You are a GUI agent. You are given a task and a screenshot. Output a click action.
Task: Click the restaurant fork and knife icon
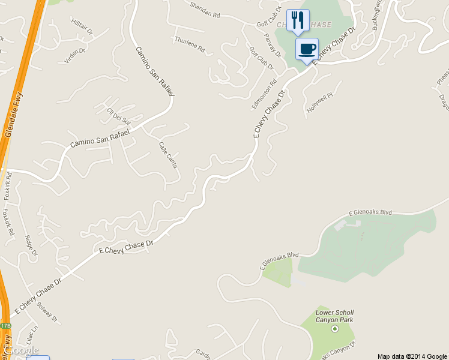click(x=298, y=20)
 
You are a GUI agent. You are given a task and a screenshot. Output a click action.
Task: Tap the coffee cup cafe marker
click(x=307, y=49)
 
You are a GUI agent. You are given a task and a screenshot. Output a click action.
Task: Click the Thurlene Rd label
click(x=190, y=45)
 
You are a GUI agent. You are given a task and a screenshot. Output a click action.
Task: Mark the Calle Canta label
click(x=167, y=154)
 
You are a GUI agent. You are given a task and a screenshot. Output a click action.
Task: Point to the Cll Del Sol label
click(x=118, y=116)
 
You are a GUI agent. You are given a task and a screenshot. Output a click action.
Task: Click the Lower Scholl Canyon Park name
click(x=334, y=316)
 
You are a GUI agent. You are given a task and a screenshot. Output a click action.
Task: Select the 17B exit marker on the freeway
click(x=5, y=325)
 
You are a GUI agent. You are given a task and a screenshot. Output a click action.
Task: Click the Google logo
click(x=20, y=350)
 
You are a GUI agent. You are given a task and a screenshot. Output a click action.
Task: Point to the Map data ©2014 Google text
click(x=412, y=356)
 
